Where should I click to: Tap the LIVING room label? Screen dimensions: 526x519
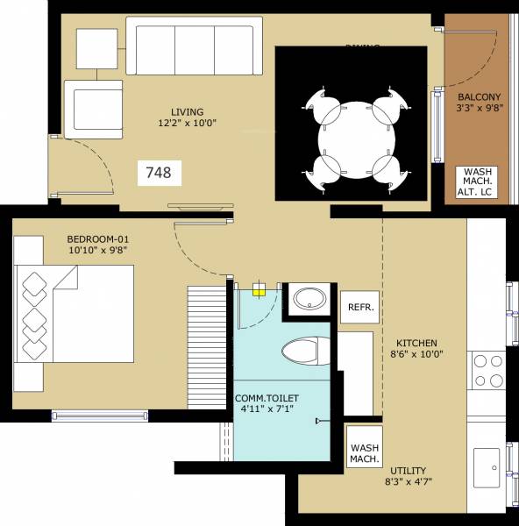click(x=187, y=111)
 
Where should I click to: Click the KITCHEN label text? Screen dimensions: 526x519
click(x=416, y=343)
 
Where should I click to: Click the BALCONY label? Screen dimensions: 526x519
click(x=479, y=97)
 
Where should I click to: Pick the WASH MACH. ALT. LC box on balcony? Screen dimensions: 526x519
click(x=476, y=183)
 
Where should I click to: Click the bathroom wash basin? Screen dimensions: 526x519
click(x=309, y=300)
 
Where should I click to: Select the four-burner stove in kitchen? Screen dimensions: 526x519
click(x=487, y=371)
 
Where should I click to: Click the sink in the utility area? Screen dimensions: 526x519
click(x=487, y=462)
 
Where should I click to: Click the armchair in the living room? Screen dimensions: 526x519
click(x=91, y=106)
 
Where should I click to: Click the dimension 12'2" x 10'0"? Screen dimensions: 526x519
click(x=188, y=124)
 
